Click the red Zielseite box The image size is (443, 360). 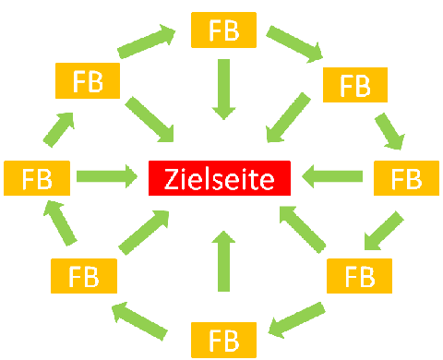click(x=220, y=176)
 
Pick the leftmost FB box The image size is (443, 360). click(x=36, y=176)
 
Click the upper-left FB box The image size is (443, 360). click(x=89, y=80)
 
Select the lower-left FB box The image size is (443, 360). click(x=84, y=276)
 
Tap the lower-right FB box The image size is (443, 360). click(x=359, y=276)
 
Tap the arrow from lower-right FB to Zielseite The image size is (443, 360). click(x=304, y=229)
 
